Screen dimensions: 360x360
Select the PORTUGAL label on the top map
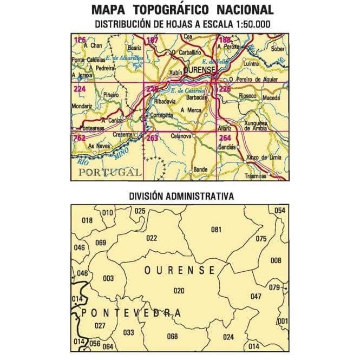(108, 172)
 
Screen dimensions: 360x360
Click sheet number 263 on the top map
(153, 138)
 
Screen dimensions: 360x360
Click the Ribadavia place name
(166, 101)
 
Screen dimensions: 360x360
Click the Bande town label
(200, 169)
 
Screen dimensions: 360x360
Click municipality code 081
(216, 230)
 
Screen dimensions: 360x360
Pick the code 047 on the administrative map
(256, 296)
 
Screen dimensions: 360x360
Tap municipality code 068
(172, 336)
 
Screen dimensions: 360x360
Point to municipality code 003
(108, 278)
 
